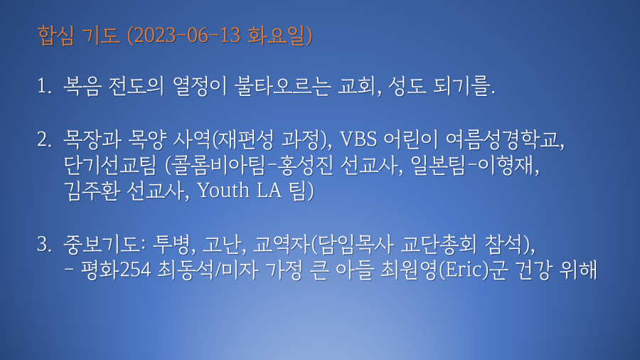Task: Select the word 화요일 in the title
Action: [277, 36]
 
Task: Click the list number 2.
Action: [44, 139]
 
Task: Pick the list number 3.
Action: [44, 244]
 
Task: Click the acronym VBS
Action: [358, 139]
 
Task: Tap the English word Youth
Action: [223, 190]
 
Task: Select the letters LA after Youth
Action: [269, 190]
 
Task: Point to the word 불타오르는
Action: [282, 86]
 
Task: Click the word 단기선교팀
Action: [110, 165]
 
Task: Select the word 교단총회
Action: [438, 244]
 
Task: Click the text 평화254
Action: [115, 270]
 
